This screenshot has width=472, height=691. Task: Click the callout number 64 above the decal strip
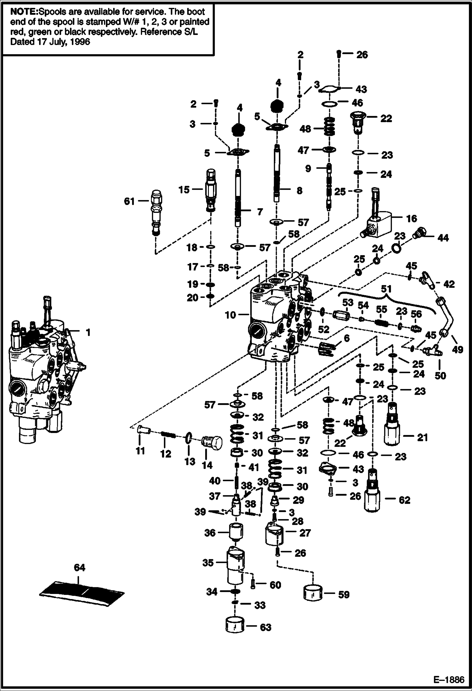pyautogui.click(x=79, y=568)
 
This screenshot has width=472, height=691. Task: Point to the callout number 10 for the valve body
pyautogui.click(x=230, y=315)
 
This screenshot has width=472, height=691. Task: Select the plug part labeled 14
pyautogui.click(x=212, y=442)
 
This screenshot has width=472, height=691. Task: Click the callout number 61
pyautogui.click(x=129, y=201)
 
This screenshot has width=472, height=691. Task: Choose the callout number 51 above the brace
pyautogui.click(x=386, y=289)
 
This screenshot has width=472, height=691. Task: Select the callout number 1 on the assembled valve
pyautogui.click(x=88, y=332)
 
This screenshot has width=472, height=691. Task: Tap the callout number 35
pyautogui.click(x=208, y=563)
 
